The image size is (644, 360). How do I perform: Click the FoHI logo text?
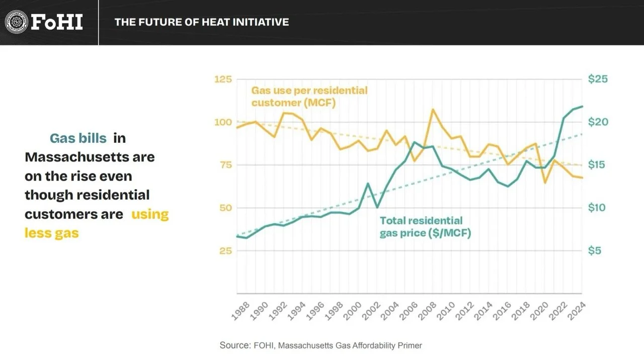(57, 22)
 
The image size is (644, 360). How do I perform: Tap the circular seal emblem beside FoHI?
(17, 22)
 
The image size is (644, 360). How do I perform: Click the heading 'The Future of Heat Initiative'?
(202, 22)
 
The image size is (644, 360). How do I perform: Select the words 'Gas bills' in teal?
(78, 138)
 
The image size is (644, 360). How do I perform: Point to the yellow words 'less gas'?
(52, 233)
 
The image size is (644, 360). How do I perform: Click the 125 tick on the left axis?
(223, 79)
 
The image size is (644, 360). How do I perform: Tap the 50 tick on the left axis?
(226, 208)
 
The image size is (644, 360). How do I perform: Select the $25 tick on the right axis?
(598, 79)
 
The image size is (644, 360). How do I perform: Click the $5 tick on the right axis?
(594, 250)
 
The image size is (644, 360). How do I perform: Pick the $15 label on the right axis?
(597, 164)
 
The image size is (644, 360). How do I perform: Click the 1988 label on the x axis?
(240, 311)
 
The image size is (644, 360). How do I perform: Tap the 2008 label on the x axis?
(427, 311)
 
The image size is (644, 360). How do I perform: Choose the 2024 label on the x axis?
(577, 311)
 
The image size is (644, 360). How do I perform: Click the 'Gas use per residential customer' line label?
(309, 97)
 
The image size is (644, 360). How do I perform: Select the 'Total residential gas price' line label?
(426, 227)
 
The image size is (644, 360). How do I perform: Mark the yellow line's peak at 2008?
(432, 110)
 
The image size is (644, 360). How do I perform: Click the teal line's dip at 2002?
(377, 207)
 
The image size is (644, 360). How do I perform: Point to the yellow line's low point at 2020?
(544, 183)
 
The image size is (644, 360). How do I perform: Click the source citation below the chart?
(321, 345)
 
